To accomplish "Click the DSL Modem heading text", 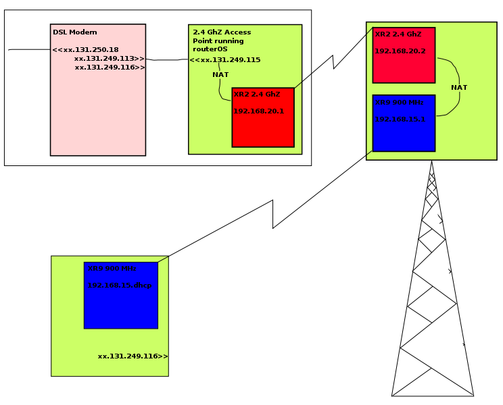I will (74, 32).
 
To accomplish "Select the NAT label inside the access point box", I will (220, 74).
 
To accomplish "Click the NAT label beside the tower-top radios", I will (459, 88).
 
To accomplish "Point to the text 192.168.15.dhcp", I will (120, 286).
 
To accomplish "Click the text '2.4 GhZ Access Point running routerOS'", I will (221, 40).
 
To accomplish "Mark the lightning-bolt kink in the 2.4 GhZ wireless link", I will (333, 61).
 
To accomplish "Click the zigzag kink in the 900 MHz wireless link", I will (273, 214).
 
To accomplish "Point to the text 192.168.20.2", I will (400, 51).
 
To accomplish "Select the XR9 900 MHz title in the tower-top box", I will (399, 103).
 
